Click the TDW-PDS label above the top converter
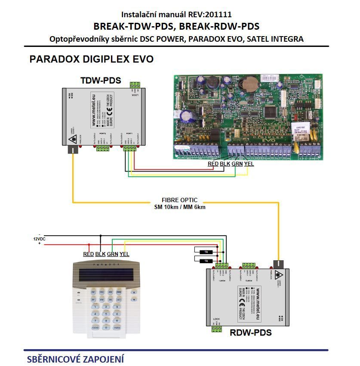(101, 81)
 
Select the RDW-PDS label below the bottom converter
(250, 332)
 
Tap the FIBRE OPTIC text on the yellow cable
(180, 200)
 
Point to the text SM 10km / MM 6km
(180, 207)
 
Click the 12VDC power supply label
(40, 239)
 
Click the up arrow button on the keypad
(134, 292)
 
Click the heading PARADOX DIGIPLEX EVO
(91, 59)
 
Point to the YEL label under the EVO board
(249, 164)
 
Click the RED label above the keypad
(88, 254)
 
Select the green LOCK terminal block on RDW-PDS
(217, 329)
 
